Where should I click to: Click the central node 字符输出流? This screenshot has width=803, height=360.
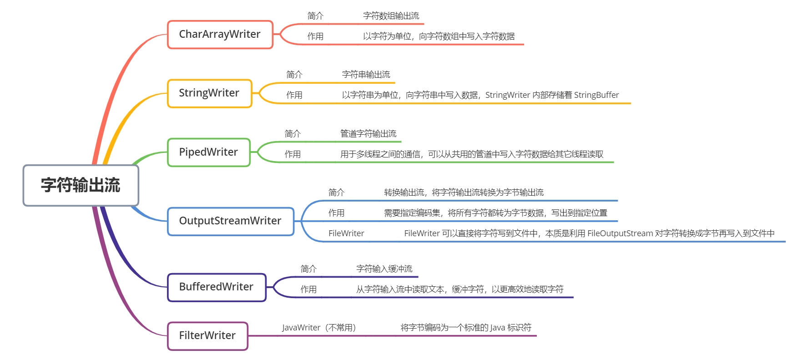pyautogui.click(x=81, y=185)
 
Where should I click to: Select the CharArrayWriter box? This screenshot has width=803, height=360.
pyautogui.click(x=220, y=34)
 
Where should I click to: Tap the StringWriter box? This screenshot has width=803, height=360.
pyautogui.click(x=209, y=93)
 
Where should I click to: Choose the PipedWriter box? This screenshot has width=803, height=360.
pyautogui.click(x=208, y=152)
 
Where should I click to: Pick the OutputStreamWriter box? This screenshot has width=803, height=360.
pyautogui.click(x=230, y=221)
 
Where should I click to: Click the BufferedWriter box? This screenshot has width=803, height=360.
pyautogui.click(x=216, y=287)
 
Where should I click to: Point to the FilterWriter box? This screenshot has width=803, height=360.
pyautogui.click(x=207, y=336)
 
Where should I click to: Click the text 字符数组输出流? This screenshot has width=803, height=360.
pyautogui.click(x=391, y=16)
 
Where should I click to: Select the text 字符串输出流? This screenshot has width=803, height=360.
pyautogui.click(x=366, y=75)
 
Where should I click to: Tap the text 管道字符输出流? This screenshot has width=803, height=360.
pyautogui.click(x=368, y=134)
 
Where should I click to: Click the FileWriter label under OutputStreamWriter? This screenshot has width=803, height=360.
pyautogui.click(x=346, y=233)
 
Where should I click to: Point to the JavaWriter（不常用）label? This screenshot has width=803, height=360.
pyautogui.click(x=318, y=328)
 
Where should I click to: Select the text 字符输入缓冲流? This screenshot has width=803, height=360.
pyautogui.click(x=384, y=269)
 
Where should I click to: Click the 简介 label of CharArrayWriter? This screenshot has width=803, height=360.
pyautogui.click(x=315, y=16)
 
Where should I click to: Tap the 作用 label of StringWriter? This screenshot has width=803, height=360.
pyautogui.click(x=294, y=95)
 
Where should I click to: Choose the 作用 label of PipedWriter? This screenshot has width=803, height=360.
pyautogui.click(x=293, y=154)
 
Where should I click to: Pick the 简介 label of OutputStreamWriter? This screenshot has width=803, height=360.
pyautogui.click(x=336, y=193)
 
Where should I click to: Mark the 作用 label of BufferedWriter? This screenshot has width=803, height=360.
pyautogui.click(x=308, y=289)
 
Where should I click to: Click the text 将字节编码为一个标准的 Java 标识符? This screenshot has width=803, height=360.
pyautogui.click(x=466, y=328)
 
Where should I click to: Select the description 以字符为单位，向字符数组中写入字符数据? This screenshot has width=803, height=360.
pyautogui.click(x=439, y=36)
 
